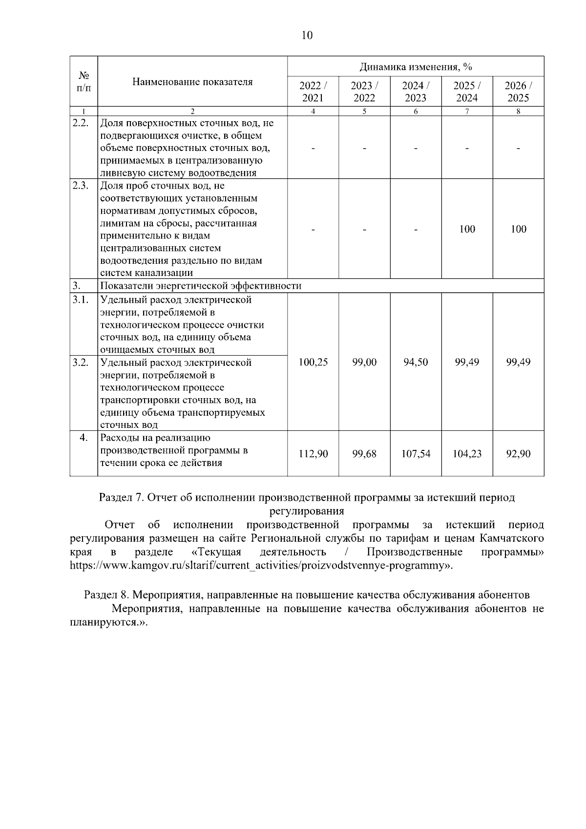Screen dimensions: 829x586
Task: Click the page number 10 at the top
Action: [307, 35]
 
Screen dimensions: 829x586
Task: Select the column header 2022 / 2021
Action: [313, 91]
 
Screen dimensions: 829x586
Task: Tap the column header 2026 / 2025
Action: [518, 91]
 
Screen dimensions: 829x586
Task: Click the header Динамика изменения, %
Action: [416, 66]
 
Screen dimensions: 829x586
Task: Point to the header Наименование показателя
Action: [192, 82]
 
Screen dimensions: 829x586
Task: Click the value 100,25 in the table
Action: [313, 362]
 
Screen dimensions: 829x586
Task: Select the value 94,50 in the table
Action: [416, 362]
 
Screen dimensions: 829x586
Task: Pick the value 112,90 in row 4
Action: [313, 454]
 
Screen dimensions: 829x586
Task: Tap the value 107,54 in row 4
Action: [416, 454]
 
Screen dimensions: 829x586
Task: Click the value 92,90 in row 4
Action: [518, 454]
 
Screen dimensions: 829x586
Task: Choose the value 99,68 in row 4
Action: [364, 454]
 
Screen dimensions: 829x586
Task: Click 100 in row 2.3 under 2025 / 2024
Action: [467, 229]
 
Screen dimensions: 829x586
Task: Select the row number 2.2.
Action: [81, 123]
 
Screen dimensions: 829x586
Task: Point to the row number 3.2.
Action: [81, 362]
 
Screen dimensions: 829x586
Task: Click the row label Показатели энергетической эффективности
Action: [201, 286]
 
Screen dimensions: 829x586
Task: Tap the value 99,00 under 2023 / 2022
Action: [364, 362]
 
